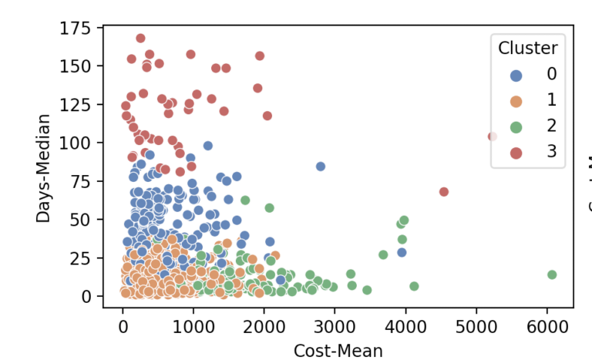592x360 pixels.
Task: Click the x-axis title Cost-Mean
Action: coord(338,351)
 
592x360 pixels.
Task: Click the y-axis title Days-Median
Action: coord(43,167)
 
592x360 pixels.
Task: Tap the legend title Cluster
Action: coord(528,48)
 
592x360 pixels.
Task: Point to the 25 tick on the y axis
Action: coord(83,257)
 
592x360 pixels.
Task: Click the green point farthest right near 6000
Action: coord(552,274)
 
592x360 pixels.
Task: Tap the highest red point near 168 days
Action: coord(140,38)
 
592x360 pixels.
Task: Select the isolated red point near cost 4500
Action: coord(443,192)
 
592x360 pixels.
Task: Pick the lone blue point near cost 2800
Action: coord(321,167)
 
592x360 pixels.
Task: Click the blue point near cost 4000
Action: coord(402,252)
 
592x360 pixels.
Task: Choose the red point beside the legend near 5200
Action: coord(493,136)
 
